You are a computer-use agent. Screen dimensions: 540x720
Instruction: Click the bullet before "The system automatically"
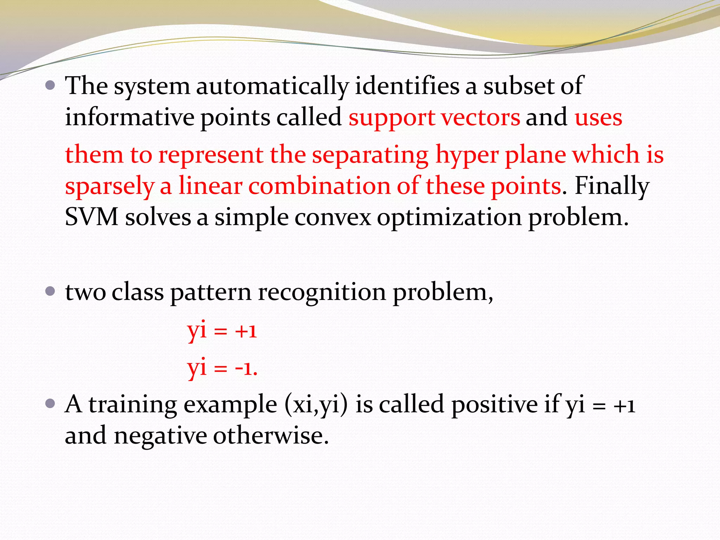coord(51,85)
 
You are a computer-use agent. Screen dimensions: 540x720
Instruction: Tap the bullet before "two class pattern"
coord(51,291)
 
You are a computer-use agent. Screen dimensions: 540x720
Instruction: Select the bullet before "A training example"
coord(51,404)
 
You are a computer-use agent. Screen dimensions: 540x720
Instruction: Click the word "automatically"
coord(272,86)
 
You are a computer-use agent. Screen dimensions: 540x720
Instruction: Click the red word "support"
coord(392,118)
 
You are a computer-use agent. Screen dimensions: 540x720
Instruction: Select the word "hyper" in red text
coord(467,155)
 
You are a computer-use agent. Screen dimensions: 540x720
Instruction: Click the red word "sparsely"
coord(109,186)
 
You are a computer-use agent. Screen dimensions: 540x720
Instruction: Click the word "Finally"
coord(612,186)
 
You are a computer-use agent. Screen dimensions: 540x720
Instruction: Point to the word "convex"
coord(333,217)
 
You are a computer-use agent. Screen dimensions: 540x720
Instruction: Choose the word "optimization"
coord(449,217)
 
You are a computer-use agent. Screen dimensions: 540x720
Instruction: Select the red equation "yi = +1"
coord(222,330)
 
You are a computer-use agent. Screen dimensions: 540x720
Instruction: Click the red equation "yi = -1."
coord(222,368)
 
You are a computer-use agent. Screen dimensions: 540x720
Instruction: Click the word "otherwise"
coord(271,435)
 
